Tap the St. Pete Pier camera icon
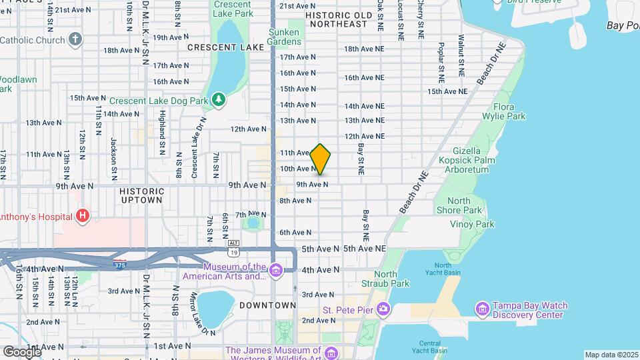click(383, 309)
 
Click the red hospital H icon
click(83, 216)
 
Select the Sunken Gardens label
click(285, 37)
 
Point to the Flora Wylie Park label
click(509, 111)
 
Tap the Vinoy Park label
click(472, 225)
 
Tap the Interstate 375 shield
click(119, 265)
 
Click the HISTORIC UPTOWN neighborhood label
click(141, 195)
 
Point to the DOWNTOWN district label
click(269, 305)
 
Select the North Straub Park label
click(391, 279)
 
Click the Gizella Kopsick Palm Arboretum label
click(466, 161)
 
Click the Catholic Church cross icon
click(75, 39)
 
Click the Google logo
click(22, 351)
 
